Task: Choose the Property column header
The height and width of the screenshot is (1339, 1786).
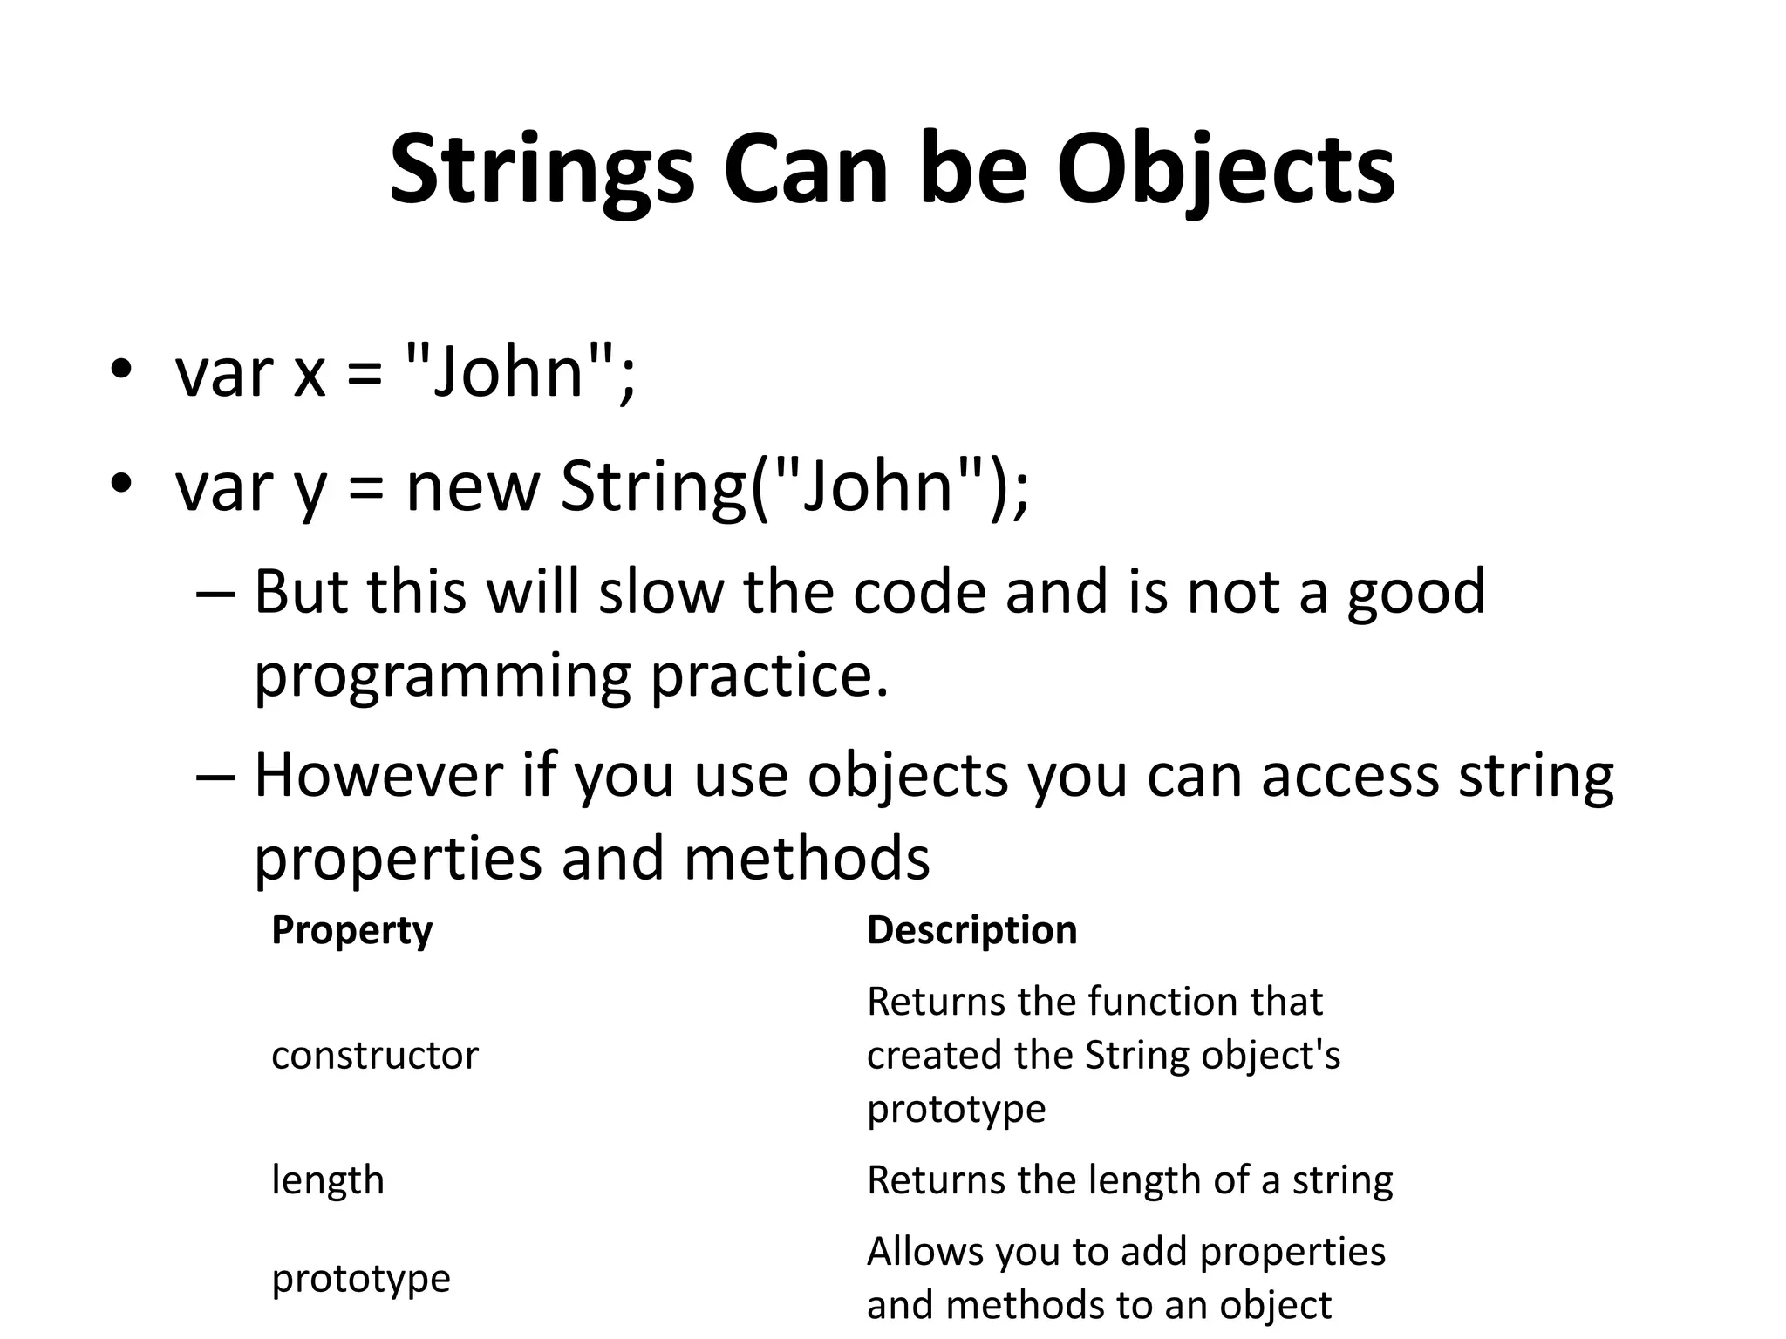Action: [351, 930]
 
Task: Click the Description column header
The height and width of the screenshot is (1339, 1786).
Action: [971, 930]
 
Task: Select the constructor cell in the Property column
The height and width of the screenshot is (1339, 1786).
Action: [375, 1055]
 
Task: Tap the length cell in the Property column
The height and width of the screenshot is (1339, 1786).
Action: [328, 1180]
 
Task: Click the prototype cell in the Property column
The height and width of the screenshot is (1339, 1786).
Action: [361, 1279]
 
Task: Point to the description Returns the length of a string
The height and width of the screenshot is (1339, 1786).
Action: [1129, 1180]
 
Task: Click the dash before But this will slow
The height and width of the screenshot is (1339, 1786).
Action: [216, 593]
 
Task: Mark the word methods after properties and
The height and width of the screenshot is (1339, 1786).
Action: [807, 859]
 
